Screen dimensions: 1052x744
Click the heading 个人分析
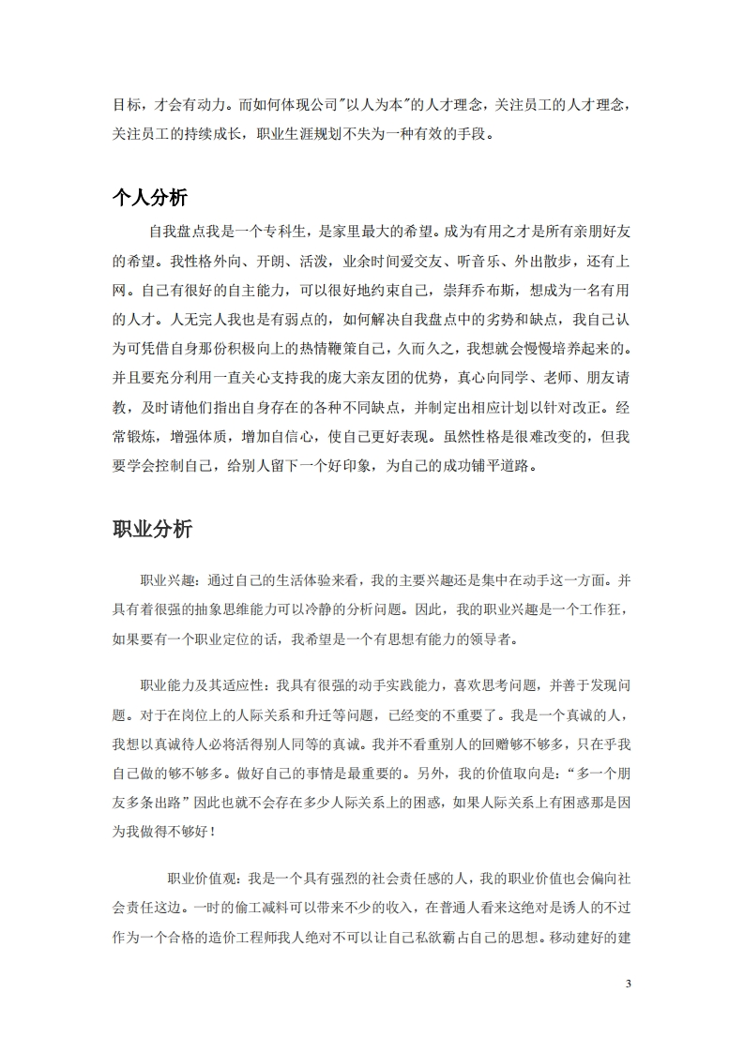(x=150, y=197)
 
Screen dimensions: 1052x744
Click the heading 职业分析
(x=150, y=529)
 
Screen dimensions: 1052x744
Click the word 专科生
(x=282, y=230)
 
